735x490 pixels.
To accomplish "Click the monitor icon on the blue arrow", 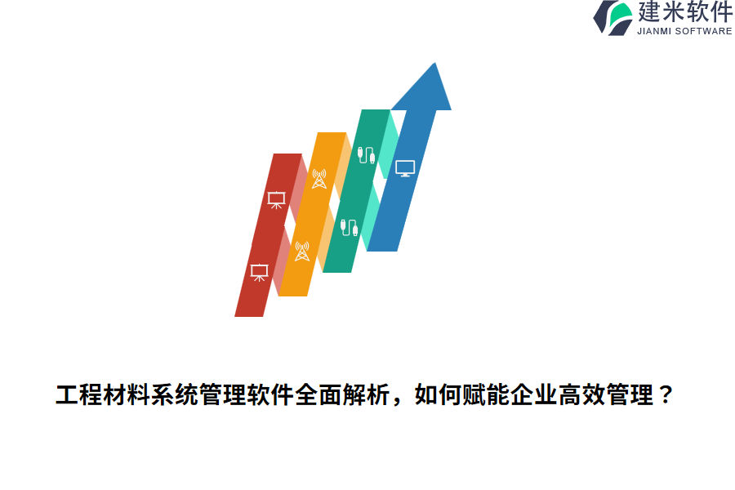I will coord(405,169).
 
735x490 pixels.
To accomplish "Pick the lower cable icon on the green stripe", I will coord(349,227).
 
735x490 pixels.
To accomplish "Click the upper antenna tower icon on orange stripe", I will coord(318,179).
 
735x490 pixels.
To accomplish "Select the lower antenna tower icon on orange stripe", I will coord(301,252).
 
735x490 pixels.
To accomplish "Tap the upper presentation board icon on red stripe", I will coord(276,199).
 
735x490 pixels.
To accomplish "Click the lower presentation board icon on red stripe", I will coord(259,273).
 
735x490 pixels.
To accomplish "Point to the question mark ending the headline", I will coord(666,396).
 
